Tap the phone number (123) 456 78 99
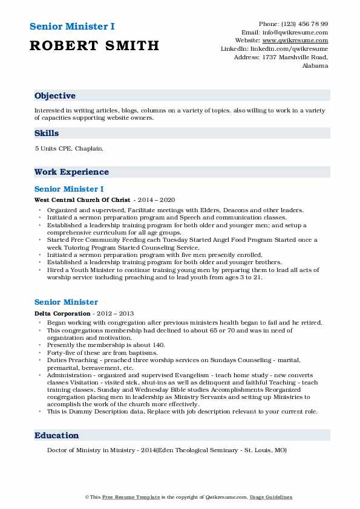(x=303, y=24)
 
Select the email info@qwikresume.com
(x=294, y=32)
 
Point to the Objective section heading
(x=55, y=96)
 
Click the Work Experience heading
(x=71, y=172)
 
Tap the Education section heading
(x=57, y=435)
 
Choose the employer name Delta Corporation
(x=62, y=313)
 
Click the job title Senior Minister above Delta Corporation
(x=66, y=302)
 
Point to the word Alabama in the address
(x=315, y=65)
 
